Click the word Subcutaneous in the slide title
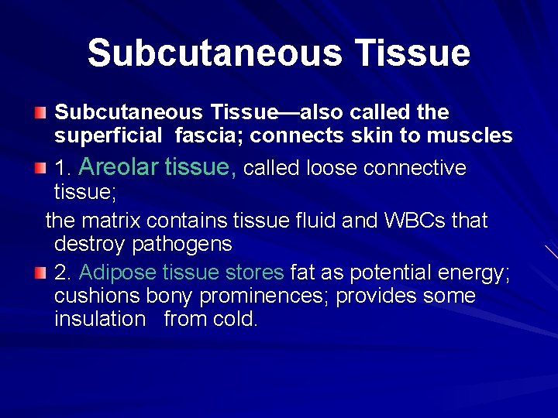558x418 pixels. coord(214,53)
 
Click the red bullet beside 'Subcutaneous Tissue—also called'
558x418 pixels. coord(40,114)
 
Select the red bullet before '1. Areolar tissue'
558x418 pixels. coord(40,168)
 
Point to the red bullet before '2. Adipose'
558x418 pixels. coord(40,273)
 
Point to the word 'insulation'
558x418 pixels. coord(100,319)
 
